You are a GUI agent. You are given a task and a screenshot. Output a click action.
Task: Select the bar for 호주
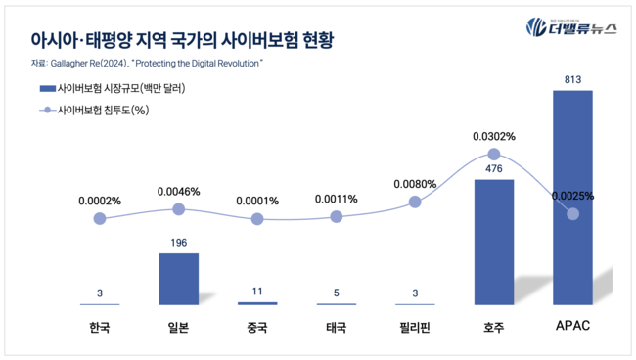(x=493, y=242)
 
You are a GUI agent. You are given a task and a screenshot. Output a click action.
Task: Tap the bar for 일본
(x=178, y=279)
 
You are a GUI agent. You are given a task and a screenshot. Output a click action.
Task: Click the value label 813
(x=572, y=77)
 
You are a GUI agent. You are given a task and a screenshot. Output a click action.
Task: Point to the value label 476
(x=493, y=167)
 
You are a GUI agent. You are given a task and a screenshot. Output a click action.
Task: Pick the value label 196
(x=178, y=242)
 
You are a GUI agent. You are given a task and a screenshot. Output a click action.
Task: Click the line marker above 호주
(x=494, y=154)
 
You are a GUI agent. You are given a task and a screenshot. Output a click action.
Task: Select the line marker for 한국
(x=99, y=218)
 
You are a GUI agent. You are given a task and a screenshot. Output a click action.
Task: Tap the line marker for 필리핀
(x=415, y=202)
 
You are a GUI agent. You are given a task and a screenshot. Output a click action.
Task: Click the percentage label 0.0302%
(x=494, y=137)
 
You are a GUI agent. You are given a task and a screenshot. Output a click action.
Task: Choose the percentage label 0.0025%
(x=572, y=196)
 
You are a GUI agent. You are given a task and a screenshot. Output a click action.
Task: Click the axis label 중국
(x=257, y=328)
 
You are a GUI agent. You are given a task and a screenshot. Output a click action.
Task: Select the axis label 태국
(x=336, y=328)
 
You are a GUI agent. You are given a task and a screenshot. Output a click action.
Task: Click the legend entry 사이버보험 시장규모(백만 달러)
(x=121, y=88)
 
